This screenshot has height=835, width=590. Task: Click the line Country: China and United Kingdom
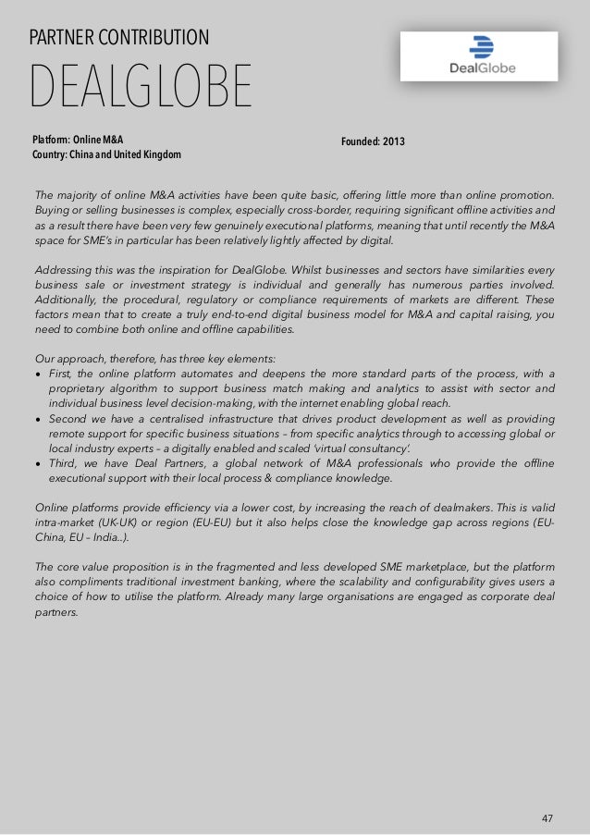[x=106, y=153]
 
